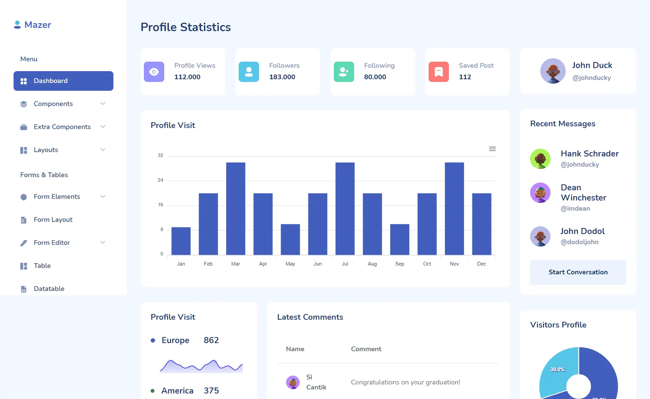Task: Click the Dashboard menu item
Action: point(63,81)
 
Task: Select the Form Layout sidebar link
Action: point(53,220)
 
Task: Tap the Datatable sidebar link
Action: point(49,289)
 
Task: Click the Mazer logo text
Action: point(38,25)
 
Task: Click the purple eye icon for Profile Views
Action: point(154,72)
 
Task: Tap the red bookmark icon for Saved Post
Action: point(439,72)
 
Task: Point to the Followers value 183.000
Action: point(282,77)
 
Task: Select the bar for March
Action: point(236,208)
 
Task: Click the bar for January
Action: point(181,241)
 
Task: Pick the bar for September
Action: point(399,239)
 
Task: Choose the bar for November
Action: point(454,208)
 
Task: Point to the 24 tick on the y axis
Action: point(160,180)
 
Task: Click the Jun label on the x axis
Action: point(318,264)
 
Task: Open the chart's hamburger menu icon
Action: point(492,149)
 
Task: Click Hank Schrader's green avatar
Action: point(540,159)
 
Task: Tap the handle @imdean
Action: point(575,209)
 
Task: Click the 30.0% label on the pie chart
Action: point(558,370)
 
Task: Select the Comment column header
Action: point(366,349)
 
